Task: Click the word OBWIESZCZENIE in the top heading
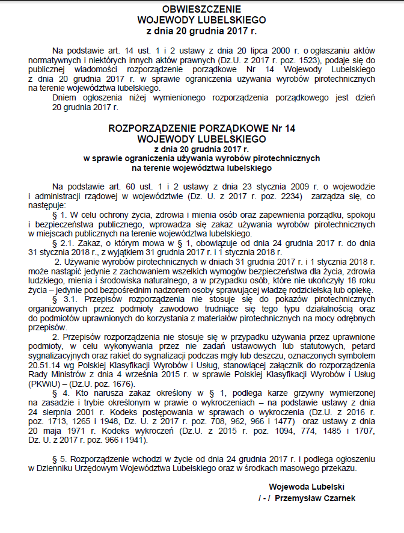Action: pos(201,10)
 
